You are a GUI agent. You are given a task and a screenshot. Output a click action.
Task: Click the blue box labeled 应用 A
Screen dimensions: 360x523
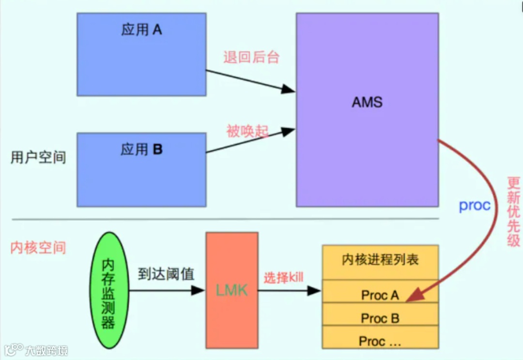(141, 54)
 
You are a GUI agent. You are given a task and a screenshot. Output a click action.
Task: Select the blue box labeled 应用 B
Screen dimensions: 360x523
(141, 169)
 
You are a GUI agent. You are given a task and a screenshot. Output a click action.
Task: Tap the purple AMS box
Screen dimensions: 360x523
(367, 110)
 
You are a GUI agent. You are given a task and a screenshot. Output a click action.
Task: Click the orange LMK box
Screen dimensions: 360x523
(231, 290)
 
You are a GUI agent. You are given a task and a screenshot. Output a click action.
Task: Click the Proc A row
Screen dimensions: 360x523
(380, 295)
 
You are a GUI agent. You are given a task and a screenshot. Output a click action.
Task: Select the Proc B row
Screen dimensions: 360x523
(380, 318)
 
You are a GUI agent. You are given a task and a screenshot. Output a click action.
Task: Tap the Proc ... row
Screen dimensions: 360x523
(380, 341)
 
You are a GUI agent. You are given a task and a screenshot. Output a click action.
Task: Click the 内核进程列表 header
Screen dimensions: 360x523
(380, 260)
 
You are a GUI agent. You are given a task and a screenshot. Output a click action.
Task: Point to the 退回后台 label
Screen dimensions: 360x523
(251, 57)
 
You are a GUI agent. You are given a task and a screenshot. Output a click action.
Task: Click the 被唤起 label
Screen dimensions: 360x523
(247, 131)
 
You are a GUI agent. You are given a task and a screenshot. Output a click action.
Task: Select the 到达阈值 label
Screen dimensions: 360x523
(166, 274)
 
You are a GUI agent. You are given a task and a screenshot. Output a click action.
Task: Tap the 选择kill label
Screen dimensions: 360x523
(283, 278)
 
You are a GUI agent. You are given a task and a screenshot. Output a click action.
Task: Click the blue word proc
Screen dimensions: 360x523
(475, 205)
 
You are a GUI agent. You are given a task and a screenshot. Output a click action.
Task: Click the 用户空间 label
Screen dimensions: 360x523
(38, 157)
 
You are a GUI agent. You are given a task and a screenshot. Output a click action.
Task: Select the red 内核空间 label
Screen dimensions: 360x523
(38, 248)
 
